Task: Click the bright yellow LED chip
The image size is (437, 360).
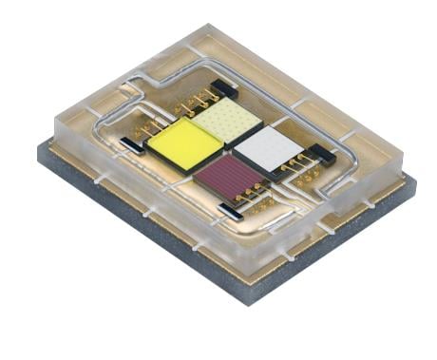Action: click(x=186, y=143)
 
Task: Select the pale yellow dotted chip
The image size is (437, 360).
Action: click(x=226, y=122)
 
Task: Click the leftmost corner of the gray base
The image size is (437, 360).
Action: click(x=37, y=149)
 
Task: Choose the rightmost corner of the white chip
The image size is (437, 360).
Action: click(x=302, y=144)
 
